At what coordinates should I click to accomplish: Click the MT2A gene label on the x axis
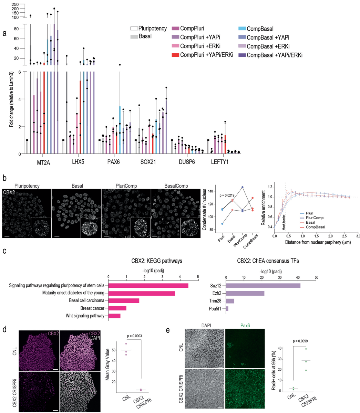pyautogui.click(x=44, y=162)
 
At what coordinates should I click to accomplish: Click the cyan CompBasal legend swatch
pyautogui.click(x=242, y=29)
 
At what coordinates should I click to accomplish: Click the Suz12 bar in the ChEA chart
pyautogui.click(x=263, y=286)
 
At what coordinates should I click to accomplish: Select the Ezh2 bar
pyautogui.click(x=245, y=293)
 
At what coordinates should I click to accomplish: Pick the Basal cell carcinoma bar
pyautogui.click(x=124, y=300)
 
